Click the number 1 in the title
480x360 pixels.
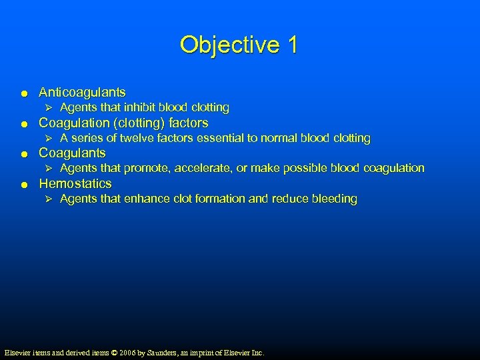(x=292, y=45)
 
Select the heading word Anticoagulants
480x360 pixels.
(x=82, y=92)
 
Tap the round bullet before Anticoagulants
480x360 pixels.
(x=23, y=93)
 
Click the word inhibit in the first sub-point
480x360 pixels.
(x=140, y=107)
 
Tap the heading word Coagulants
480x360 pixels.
(x=72, y=153)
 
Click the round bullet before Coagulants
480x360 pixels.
(x=23, y=154)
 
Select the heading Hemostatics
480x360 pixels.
(x=75, y=183)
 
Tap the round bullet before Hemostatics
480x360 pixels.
(x=23, y=185)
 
